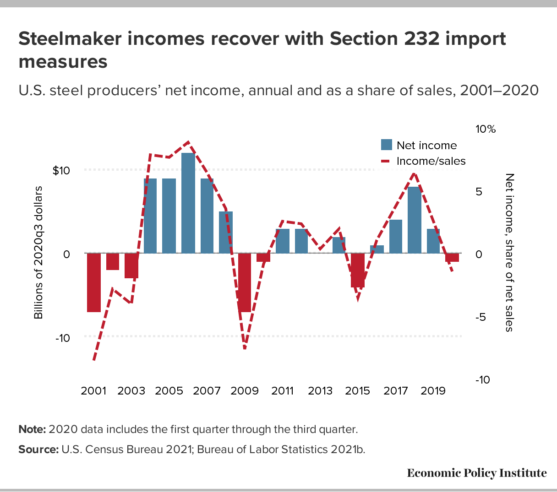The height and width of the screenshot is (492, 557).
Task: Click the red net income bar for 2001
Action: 94,282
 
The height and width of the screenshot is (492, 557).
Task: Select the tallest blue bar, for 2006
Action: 188,203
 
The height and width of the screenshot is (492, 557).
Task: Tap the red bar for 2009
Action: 245,282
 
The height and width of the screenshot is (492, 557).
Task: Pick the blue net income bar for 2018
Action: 414,220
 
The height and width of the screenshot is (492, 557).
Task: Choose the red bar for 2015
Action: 358,270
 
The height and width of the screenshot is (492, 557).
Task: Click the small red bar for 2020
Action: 452,257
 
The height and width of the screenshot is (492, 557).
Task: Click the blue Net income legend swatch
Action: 387,145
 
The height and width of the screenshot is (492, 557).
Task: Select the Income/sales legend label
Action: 431,161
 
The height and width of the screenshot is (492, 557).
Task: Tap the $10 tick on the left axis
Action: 61,171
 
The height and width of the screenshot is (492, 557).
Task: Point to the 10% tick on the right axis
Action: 486,130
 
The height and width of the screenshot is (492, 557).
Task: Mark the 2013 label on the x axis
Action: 320,391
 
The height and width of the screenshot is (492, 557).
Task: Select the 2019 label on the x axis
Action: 433,391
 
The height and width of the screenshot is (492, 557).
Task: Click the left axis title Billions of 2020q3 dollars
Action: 38,252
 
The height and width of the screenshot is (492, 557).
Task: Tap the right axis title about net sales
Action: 509,252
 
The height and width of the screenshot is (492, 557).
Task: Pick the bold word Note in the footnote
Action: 32,429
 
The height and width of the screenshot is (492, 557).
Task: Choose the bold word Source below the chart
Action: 38,449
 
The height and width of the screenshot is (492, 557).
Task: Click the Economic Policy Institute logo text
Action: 477,473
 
